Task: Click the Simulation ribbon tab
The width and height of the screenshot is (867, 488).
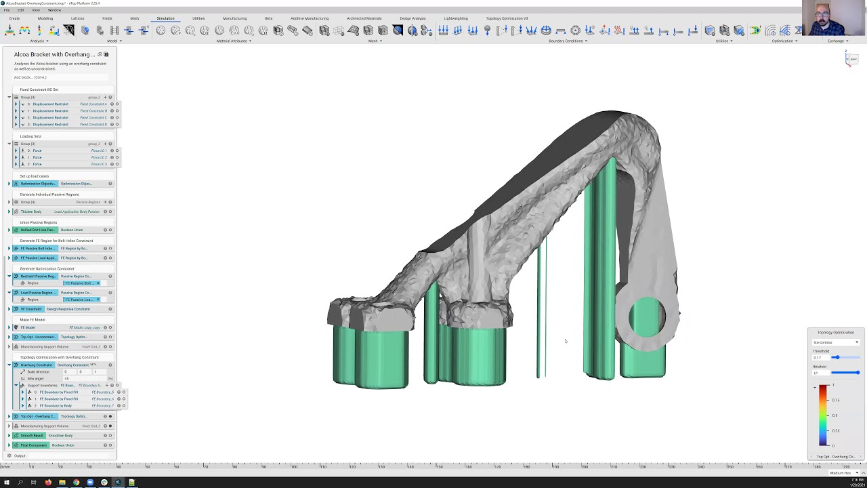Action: point(165,18)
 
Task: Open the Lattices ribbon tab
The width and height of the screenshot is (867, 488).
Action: point(78,18)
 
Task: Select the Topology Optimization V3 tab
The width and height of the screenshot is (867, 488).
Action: point(507,18)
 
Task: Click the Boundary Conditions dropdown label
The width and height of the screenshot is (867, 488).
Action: point(566,41)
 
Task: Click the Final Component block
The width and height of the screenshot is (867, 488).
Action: point(33,445)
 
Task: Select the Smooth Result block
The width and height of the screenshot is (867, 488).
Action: point(32,436)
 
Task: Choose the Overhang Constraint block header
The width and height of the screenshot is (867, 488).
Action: point(36,365)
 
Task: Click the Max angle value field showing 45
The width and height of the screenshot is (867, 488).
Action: point(66,378)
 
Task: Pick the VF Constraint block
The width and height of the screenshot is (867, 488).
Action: point(30,309)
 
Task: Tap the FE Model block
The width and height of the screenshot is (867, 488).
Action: point(28,328)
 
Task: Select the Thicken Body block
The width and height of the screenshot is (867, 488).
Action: point(30,211)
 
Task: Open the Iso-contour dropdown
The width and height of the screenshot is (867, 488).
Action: point(836,342)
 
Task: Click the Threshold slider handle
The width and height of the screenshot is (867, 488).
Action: point(836,357)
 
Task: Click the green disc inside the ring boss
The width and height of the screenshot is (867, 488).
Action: point(646,317)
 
